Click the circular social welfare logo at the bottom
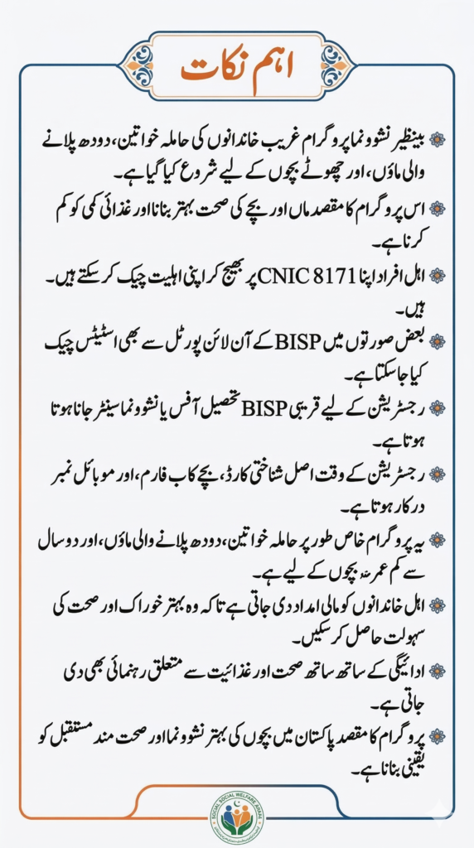click(236, 817)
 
